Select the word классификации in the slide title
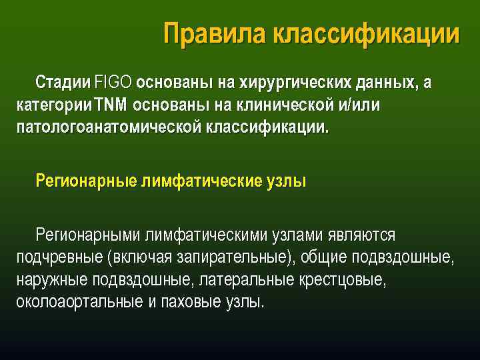[366, 34]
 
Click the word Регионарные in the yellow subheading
[85, 181]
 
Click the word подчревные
[57, 257]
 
